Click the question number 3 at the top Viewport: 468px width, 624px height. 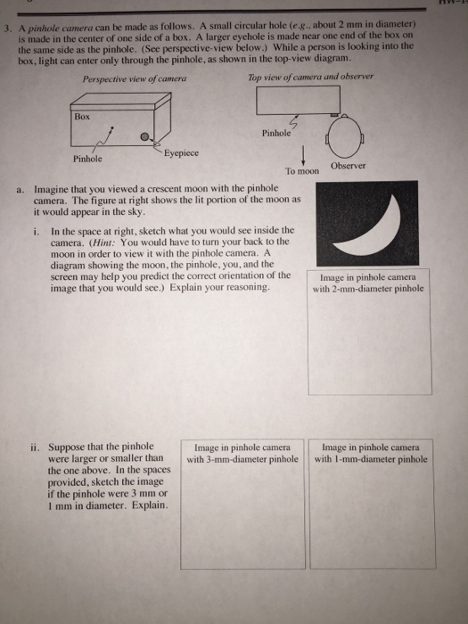pos(6,27)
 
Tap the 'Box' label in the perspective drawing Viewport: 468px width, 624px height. pos(83,116)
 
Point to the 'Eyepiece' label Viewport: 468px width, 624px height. pos(181,153)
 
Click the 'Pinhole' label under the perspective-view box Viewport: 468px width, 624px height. pos(87,159)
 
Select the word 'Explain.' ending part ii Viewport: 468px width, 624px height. pos(149,504)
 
